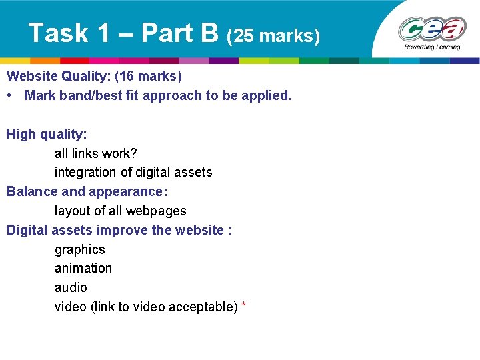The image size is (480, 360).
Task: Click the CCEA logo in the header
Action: (431, 29)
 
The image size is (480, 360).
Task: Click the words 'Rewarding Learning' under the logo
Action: (432, 47)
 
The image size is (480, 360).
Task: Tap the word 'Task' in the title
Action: (59, 33)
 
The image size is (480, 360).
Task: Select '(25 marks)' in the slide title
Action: (273, 35)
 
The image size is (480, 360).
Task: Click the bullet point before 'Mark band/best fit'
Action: (11, 95)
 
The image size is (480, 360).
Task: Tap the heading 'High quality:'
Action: (47, 134)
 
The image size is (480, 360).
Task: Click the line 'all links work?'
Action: (95, 153)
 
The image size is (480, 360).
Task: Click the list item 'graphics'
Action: (80, 250)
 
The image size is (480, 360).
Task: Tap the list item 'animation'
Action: (83, 269)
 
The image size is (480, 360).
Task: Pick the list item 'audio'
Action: (71, 288)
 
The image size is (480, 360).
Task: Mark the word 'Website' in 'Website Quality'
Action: (32, 76)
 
